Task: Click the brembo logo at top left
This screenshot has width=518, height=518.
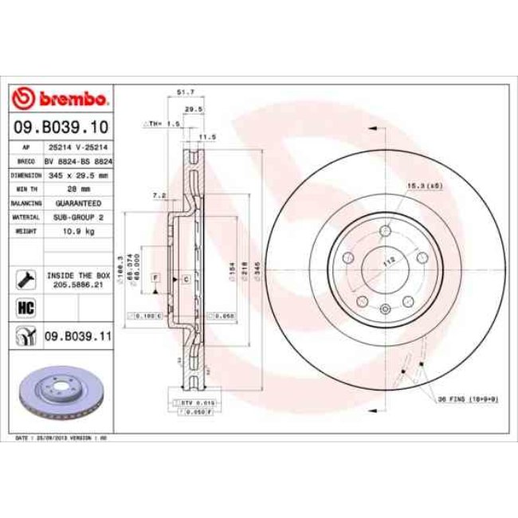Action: [60, 98]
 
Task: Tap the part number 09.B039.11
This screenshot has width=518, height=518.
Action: [77, 337]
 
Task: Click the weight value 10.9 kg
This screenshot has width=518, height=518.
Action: [80, 230]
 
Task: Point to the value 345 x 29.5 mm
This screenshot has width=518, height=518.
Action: [80, 173]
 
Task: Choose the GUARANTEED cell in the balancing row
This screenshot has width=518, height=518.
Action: [80, 203]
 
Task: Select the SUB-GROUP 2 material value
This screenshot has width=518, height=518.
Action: [80, 216]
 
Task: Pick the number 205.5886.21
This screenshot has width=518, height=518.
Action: [80, 283]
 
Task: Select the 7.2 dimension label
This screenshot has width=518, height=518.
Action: [158, 194]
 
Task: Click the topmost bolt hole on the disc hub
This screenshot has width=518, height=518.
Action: [384, 231]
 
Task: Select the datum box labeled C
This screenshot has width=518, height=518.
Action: [186, 279]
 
